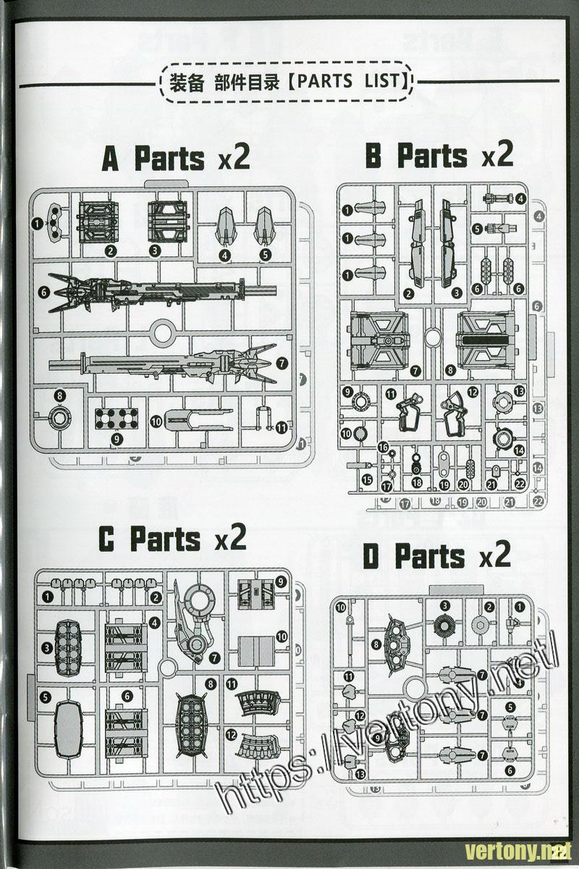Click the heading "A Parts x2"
176,158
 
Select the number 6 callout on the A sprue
45,291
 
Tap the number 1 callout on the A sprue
37,224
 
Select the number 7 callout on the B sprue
415,371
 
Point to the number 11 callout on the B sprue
391,394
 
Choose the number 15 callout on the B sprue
368,479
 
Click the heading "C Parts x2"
172,539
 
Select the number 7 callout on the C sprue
215,657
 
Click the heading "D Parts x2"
436,556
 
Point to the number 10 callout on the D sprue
341,607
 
